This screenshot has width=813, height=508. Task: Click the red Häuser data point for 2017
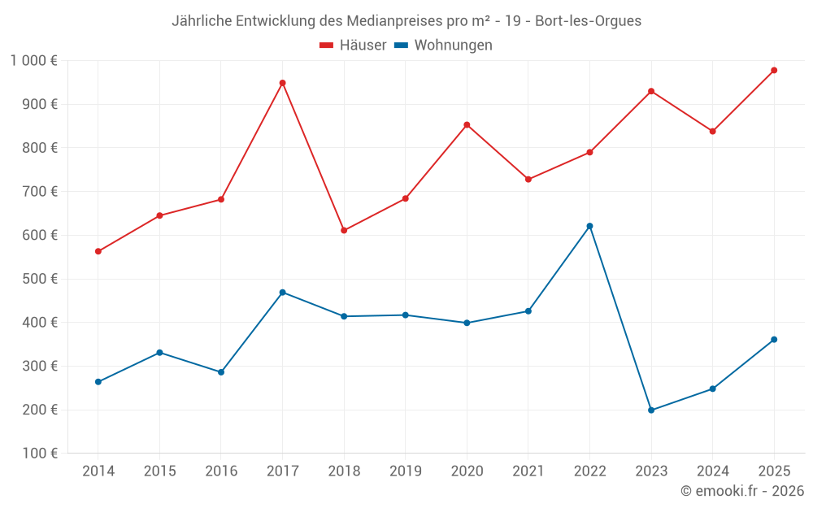[x=282, y=83]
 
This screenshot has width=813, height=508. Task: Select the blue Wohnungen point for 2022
[x=589, y=226]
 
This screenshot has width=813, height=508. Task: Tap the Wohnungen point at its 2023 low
[x=651, y=410]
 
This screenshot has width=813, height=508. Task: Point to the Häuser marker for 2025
[x=774, y=70]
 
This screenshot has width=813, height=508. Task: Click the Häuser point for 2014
[x=98, y=251]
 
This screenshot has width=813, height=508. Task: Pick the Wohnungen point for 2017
[x=282, y=292]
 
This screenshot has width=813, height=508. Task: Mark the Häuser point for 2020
[x=467, y=124]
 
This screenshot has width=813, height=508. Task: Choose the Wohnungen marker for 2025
[x=774, y=339]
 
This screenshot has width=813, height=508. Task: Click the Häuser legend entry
[x=353, y=46]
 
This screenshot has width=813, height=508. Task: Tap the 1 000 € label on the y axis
[x=33, y=60]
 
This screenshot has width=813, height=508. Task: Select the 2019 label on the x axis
[x=405, y=471]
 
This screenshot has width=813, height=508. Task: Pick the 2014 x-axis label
[x=98, y=471]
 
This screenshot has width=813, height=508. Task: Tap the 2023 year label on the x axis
[x=651, y=471]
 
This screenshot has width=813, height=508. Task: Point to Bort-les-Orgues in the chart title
[x=588, y=21]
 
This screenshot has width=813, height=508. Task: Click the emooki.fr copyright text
[x=741, y=491]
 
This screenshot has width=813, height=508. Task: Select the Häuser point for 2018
[x=344, y=230]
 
